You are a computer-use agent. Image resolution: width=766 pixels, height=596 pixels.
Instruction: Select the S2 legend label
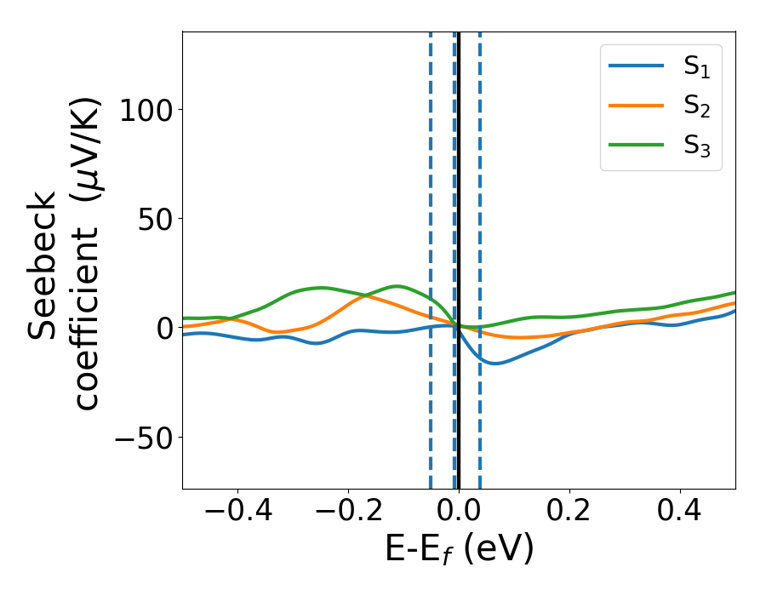696,107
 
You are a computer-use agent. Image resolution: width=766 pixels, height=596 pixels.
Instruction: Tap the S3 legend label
696,146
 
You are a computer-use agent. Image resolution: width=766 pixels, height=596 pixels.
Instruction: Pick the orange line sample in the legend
636,106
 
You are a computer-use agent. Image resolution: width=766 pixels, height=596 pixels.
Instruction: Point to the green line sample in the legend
636,144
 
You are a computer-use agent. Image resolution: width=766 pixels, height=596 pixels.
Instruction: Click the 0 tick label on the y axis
167,329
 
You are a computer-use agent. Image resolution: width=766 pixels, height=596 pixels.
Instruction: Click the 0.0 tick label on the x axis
459,512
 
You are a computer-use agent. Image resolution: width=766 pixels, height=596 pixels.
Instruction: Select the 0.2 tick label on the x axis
569,512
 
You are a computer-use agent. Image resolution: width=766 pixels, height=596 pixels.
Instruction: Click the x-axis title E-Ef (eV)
459,550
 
